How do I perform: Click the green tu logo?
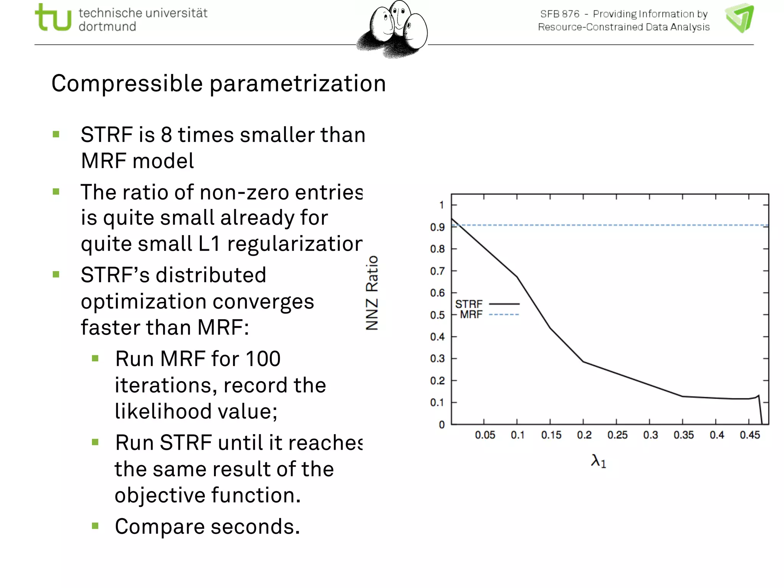pos(53,18)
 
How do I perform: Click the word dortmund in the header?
pos(107,27)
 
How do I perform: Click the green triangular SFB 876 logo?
pos(740,18)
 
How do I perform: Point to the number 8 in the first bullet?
pos(166,135)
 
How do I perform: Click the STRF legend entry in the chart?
pos(469,304)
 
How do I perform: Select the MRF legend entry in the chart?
pos(471,315)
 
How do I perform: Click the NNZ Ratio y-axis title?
pos(372,293)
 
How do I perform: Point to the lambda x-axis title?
pos(598,461)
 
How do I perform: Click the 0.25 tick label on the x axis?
pos(617,435)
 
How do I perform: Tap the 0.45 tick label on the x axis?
pos(750,435)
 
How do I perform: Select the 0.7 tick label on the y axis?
pos(437,271)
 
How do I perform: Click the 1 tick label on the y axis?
pos(441,205)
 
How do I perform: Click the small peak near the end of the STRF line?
pos(758,396)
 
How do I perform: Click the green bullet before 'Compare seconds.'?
pos(95,526)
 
